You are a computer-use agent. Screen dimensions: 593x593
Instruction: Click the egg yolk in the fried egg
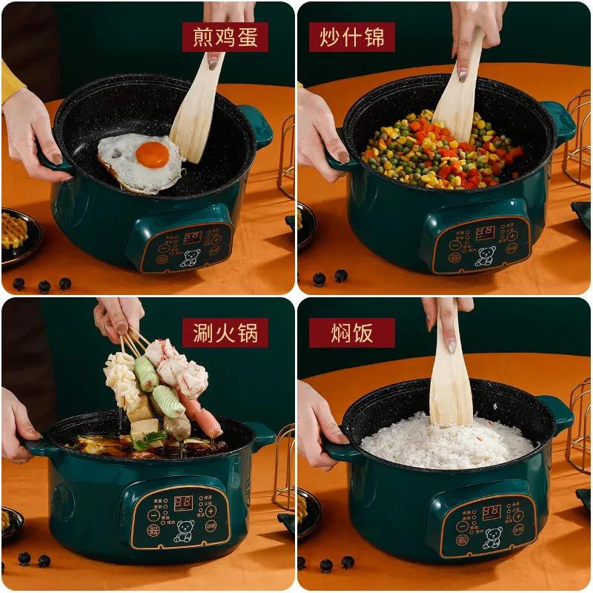[x=152, y=154]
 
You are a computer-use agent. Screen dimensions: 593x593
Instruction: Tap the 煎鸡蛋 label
[x=225, y=36]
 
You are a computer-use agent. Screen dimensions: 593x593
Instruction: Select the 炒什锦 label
[x=352, y=36]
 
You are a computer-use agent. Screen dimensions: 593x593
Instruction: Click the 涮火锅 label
[x=225, y=333]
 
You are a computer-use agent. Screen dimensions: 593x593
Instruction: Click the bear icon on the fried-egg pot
[x=188, y=258]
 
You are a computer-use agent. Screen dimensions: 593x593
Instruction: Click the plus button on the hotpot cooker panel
[x=211, y=511]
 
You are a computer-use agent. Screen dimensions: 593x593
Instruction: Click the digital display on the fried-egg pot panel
[x=193, y=236]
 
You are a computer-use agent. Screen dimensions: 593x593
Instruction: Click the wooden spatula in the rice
[x=451, y=378]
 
